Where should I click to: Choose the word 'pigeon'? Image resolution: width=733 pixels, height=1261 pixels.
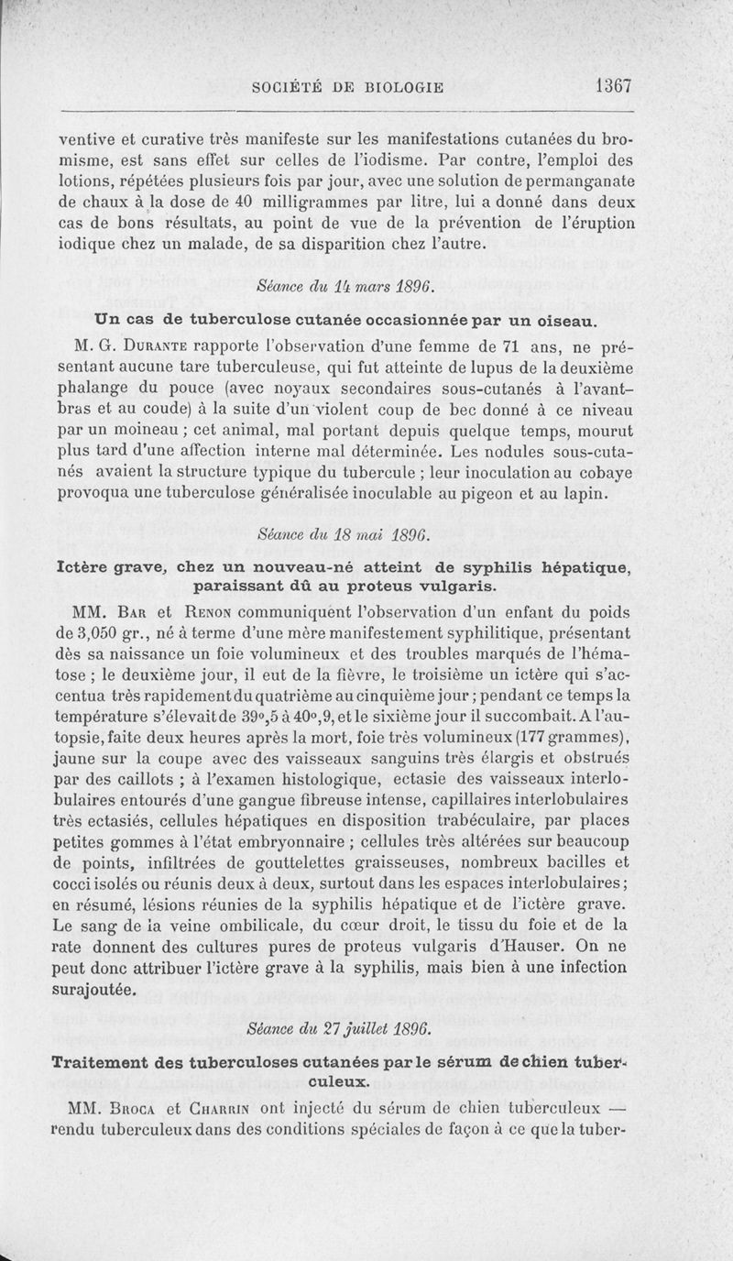pos(472,496)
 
